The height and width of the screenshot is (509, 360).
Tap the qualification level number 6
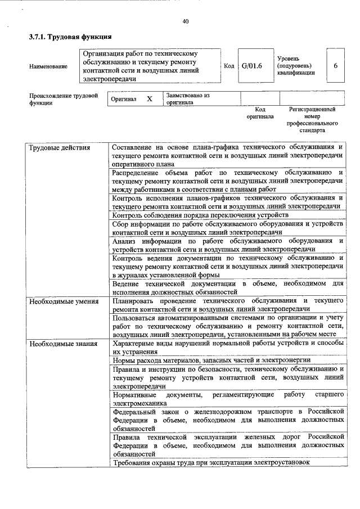coord(335,66)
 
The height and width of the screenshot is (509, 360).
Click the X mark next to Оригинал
coord(150,99)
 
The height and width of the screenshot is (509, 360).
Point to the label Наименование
coord(48,66)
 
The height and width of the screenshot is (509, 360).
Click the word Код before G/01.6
coord(229,66)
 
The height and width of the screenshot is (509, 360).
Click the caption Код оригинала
coord(260,113)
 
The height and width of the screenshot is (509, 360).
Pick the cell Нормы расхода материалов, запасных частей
coord(211,360)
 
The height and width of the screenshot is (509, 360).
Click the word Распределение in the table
coord(137,171)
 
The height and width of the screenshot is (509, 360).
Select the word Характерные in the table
coord(134,343)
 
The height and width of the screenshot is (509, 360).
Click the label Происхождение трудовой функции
coord(60,99)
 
